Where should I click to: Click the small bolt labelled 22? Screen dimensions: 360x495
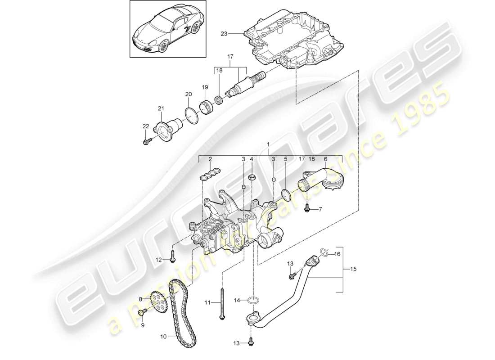[146, 142]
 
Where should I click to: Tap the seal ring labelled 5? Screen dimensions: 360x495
[285, 193]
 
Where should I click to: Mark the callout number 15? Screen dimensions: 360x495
[353, 270]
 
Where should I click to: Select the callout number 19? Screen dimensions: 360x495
[204, 87]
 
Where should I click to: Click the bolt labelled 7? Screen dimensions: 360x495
[308, 208]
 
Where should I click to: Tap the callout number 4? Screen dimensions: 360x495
[252, 159]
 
